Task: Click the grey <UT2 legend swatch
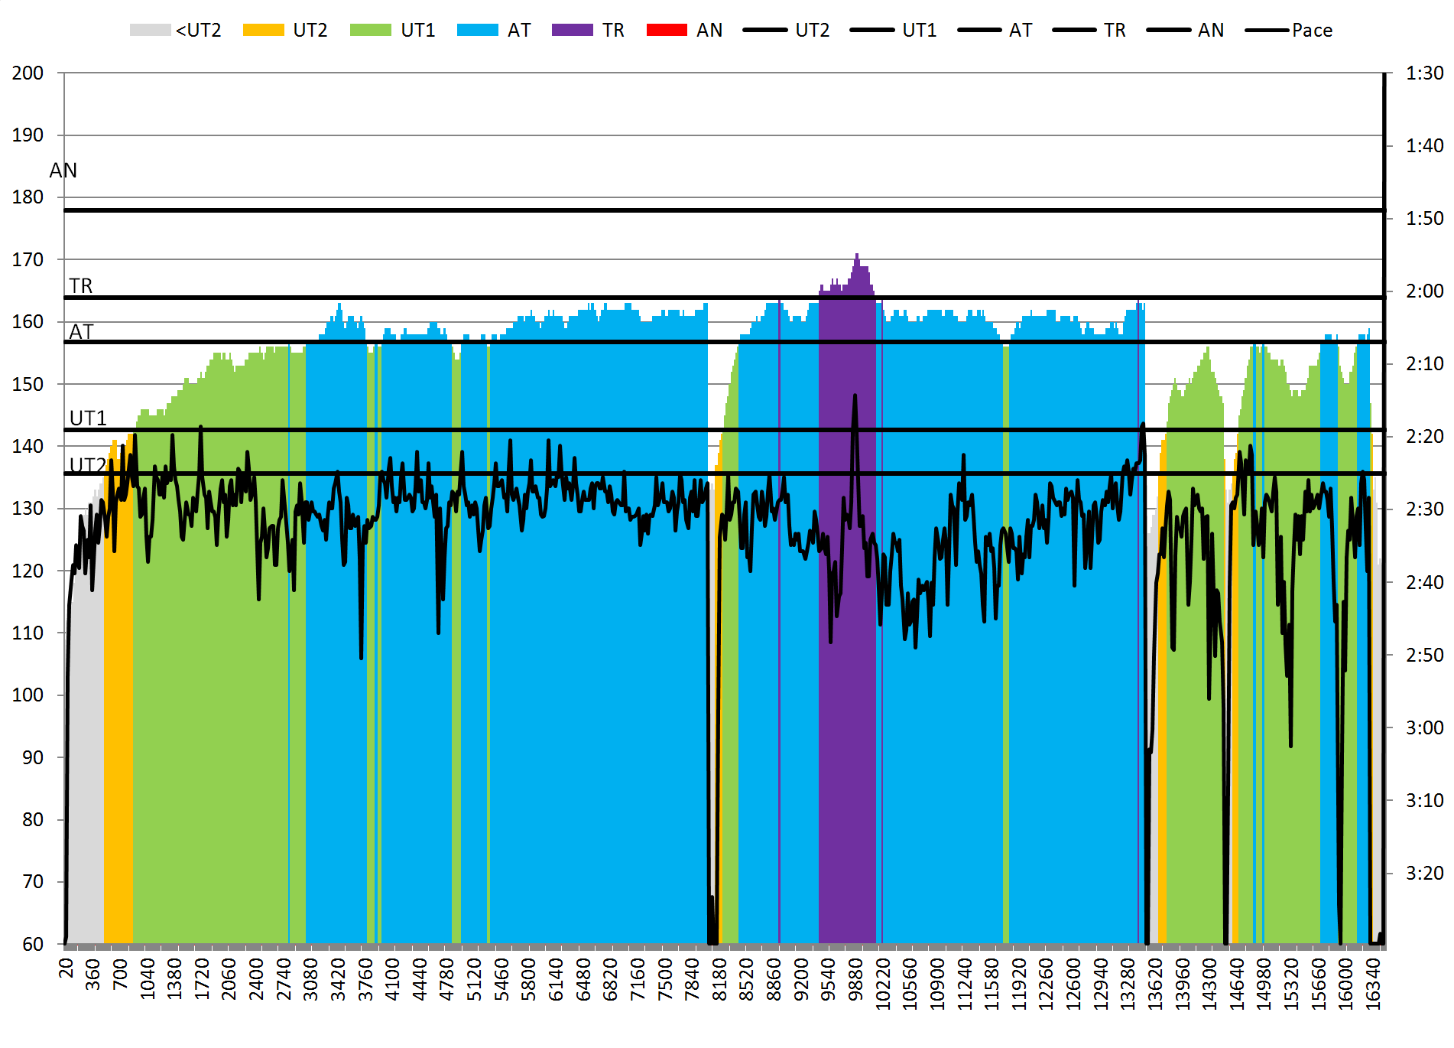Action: pos(150,31)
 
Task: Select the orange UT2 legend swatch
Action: pos(263,31)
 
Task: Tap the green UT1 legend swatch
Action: pos(370,31)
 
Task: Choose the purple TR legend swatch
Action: pos(572,31)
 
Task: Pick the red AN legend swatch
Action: pos(667,31)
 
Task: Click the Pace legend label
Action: pos(1312,31)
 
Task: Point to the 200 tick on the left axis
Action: pos(28,73)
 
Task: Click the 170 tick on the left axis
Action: pos(28,260)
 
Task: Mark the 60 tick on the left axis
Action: pos(32,944)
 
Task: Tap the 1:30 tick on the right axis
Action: pos(1424,73)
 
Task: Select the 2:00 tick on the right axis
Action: pos(1424,291)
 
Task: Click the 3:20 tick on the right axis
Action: pos(1424,874)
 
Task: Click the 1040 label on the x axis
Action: pos(148,980)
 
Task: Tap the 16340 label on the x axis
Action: pos(1373,984)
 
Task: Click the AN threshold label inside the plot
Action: pos(63,171)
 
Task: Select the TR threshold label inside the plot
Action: pos(81,286)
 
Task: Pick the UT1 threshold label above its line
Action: pos(88,418)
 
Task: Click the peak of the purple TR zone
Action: pos(857,255)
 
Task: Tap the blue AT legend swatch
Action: pos(477,31)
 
